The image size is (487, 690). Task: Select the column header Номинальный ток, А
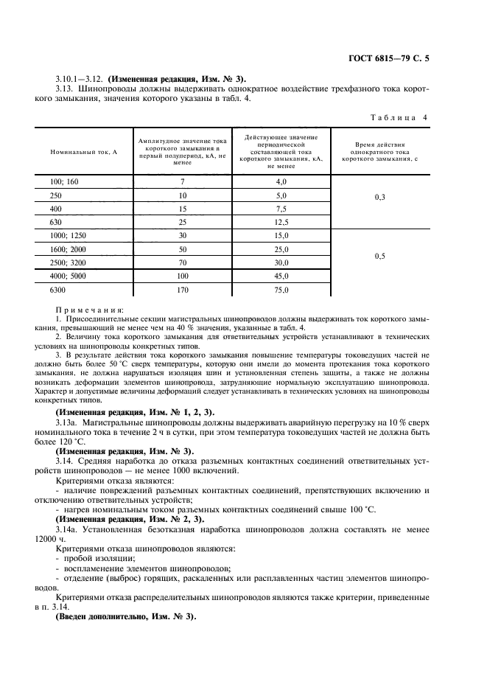(85, 151)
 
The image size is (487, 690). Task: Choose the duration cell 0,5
(380, 257)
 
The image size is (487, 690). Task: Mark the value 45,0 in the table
(281, 277)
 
